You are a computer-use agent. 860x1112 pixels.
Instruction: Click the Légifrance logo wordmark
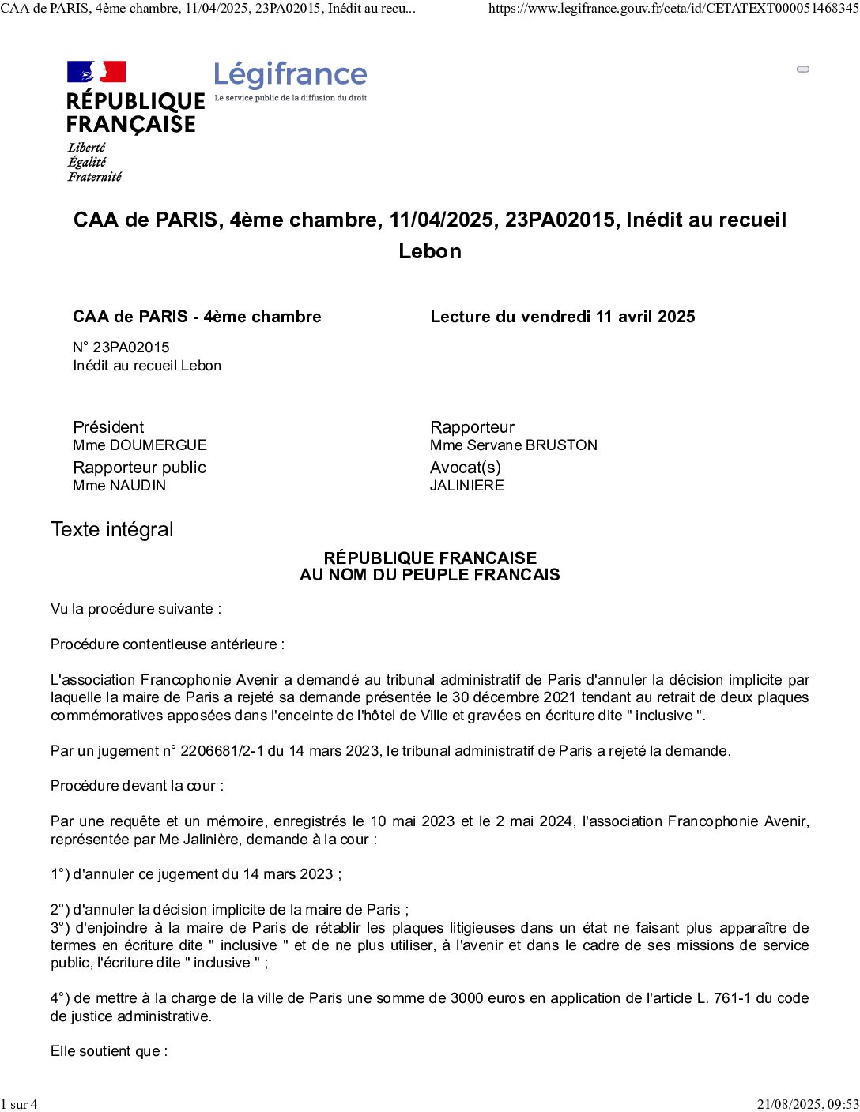(290, 75)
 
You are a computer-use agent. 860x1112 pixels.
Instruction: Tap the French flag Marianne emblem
(96, 72)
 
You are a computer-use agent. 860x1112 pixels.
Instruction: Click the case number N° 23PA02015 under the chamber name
(121, 347)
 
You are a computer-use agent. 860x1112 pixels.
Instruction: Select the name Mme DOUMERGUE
(140, 445)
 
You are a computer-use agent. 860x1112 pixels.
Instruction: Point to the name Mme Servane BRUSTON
(514, 445)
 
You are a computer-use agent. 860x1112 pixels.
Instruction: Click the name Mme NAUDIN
(119, 486)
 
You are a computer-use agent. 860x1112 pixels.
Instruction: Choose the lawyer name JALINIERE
(467, 486)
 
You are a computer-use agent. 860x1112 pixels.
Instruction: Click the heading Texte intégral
(112, 530)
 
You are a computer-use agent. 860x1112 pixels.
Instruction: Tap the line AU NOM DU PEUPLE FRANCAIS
(430, 575)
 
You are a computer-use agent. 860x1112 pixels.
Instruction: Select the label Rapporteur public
(139, 468)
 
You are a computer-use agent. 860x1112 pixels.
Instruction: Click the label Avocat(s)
(466, 468)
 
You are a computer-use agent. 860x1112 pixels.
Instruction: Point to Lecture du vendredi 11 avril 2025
(563, 317)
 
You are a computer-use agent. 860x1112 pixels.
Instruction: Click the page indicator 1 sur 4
(19, 1104)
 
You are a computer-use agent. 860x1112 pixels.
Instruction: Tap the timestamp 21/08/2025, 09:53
(807, 1104)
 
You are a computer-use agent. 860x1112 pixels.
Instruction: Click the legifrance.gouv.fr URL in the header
(673, 9)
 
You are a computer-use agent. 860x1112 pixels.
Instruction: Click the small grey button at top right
(803, 69)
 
